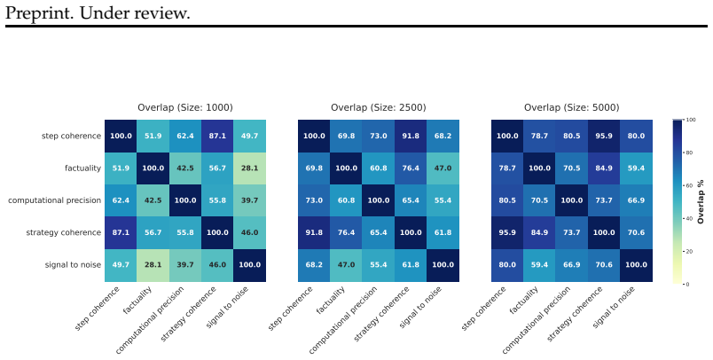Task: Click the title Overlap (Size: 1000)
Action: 185,107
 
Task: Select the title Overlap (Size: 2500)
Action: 379,107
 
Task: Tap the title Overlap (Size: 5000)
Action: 572,107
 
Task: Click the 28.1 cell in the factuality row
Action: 250,168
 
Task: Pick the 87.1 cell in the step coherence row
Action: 217,136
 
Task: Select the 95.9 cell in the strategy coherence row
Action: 507,232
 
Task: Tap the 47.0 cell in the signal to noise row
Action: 346,265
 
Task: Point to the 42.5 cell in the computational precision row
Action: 153,200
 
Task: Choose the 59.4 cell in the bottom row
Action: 539,265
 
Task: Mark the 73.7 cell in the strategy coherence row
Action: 572,232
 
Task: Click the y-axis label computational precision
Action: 55,200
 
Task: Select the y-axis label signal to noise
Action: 73,265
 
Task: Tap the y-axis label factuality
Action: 82,168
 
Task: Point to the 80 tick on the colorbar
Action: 689,153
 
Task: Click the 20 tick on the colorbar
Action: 689,251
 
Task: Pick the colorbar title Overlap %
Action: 701,202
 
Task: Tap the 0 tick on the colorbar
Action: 687,284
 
